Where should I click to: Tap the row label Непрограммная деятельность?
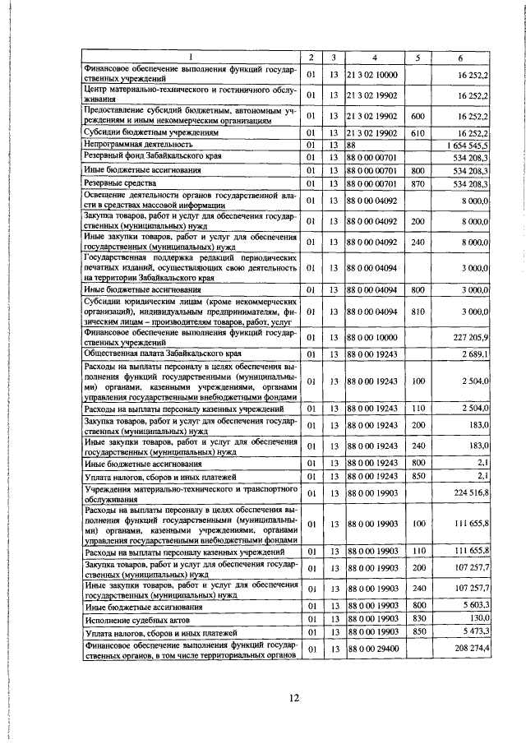[x=134, y=143]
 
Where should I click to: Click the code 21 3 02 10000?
[x=371, y=75]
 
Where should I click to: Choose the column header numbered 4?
[x=374, y=58]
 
